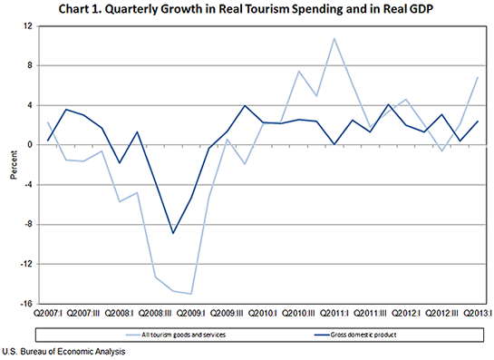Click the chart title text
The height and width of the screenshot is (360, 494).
point(247,10)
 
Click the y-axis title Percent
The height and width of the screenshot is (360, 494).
point(13,164)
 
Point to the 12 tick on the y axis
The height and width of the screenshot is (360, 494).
point(28,26)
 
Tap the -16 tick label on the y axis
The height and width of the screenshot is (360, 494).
point(26,304)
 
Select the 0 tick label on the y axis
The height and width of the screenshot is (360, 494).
point(30,145)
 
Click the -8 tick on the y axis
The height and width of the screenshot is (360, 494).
point(28,224)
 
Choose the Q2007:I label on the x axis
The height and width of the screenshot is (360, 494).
point(49,314)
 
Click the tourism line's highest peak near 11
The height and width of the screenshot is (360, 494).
point(334,38)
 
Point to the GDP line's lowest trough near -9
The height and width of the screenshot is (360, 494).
point(173,233)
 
